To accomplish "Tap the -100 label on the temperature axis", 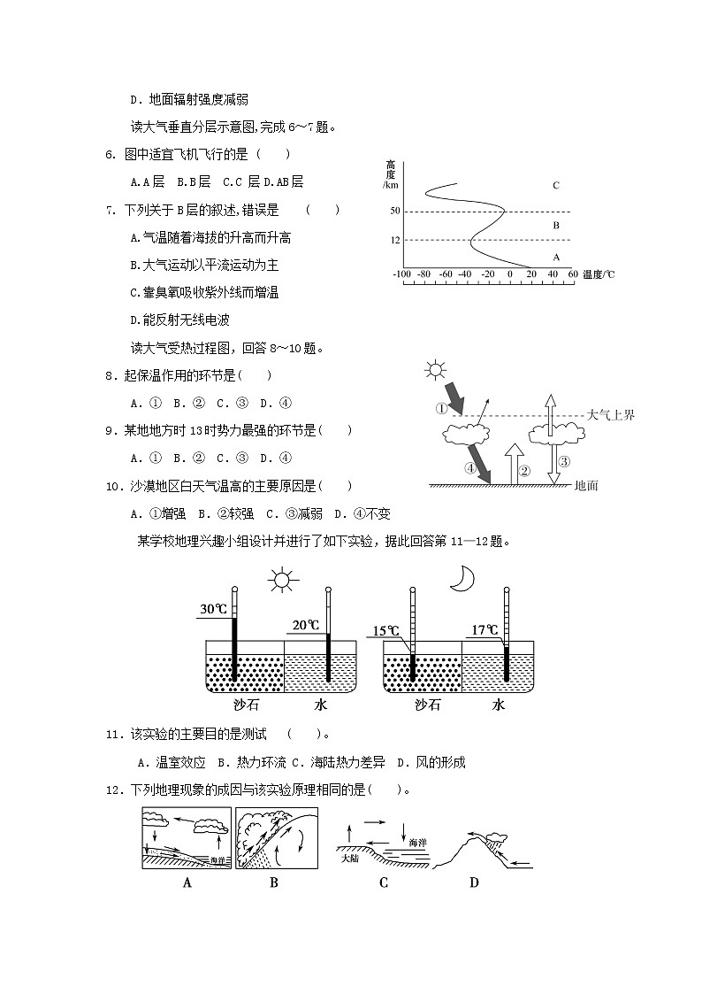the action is tap(402, 274).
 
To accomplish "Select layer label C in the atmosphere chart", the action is tap(555, 185).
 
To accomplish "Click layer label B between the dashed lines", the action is tap(555, 226).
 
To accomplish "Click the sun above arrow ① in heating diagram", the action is tap(436, 370).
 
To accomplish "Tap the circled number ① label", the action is tap(442, 408).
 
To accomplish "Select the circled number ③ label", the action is tap(563, 460).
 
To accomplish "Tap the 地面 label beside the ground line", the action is tap(587, 485).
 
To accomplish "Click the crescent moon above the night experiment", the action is tap(462, 578).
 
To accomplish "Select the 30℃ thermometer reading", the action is tap(213, 609).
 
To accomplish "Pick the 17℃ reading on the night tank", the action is tap(485, 630).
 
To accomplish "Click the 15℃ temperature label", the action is tap(385, 630).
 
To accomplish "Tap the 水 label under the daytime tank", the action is tap(320, 705).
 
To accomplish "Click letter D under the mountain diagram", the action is tap(474, 882).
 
